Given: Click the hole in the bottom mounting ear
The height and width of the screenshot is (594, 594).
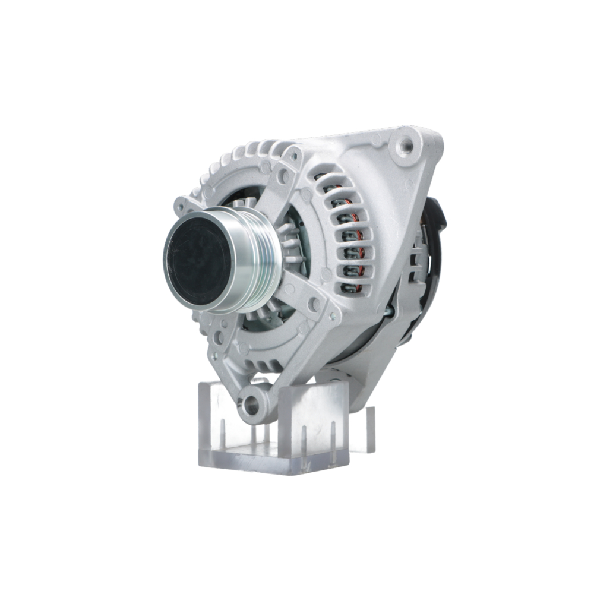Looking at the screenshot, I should [x=252, y=406].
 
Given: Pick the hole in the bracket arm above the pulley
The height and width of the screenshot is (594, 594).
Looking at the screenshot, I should [x=283, y=176].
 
